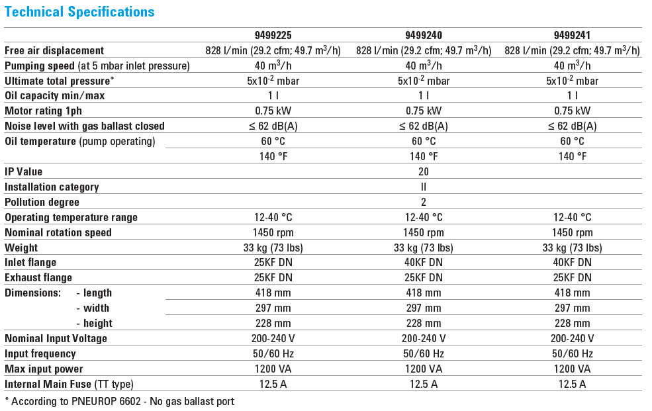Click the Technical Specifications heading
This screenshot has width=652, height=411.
[79, 12]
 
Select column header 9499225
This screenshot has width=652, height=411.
[273, 36]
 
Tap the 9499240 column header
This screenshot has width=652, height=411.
[424, 36]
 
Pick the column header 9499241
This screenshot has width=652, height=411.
[573, 36]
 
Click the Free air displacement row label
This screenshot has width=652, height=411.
[54, 51]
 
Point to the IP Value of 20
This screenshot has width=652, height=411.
[424, 172]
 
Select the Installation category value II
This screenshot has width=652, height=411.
[424, 187]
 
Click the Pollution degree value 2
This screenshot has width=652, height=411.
[424, 203]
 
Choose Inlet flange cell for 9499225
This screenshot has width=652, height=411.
[273, 263]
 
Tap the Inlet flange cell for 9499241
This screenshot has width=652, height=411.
[573, 263]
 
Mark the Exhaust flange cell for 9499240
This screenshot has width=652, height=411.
[424, 278]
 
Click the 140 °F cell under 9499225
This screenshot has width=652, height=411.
[273, 157]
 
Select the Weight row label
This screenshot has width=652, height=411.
[21, 248]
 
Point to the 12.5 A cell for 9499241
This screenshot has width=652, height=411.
[573, 385]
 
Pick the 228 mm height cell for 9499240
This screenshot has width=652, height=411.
[424, 324]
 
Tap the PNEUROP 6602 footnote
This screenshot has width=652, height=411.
[119, 401]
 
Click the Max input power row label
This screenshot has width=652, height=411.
[44, 369]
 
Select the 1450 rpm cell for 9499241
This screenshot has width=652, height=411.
[573, 233]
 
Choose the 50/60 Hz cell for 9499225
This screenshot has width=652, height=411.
[273, 354]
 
